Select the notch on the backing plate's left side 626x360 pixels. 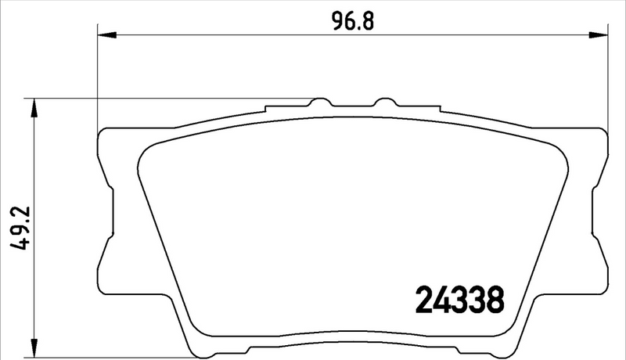point(110,211)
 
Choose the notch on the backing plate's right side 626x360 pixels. point(597,211)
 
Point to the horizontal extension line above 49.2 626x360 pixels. point(156,99)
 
